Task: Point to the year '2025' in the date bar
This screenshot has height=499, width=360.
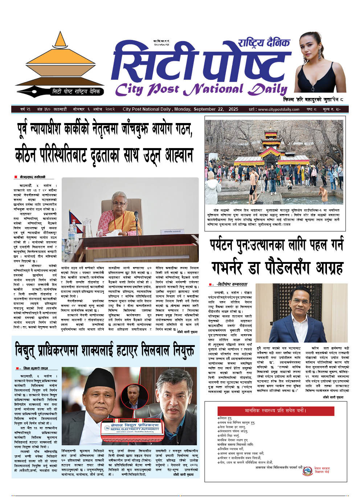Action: [233, 109]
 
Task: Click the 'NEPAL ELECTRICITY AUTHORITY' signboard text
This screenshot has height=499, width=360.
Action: [130, 429]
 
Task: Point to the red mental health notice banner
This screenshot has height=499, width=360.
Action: [275, 410]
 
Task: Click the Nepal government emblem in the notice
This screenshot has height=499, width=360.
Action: [307, 471]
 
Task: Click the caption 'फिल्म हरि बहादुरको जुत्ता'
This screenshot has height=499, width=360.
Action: [313, 99]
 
